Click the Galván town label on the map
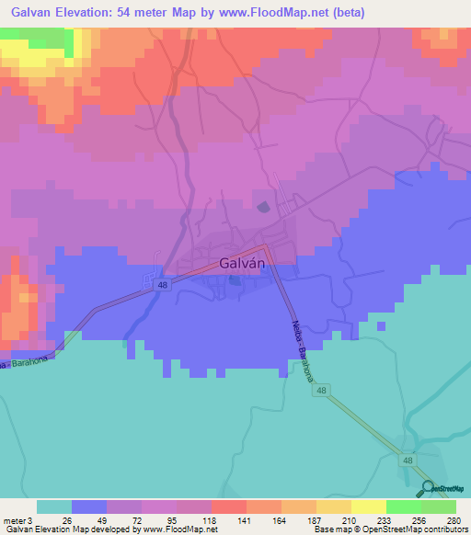(x=243, y=263)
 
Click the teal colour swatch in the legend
(x=53, y=507)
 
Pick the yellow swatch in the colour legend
(x=369, y=507)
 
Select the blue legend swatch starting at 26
(x=88, y=507)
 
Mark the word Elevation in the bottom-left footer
(x=58, y=529)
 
